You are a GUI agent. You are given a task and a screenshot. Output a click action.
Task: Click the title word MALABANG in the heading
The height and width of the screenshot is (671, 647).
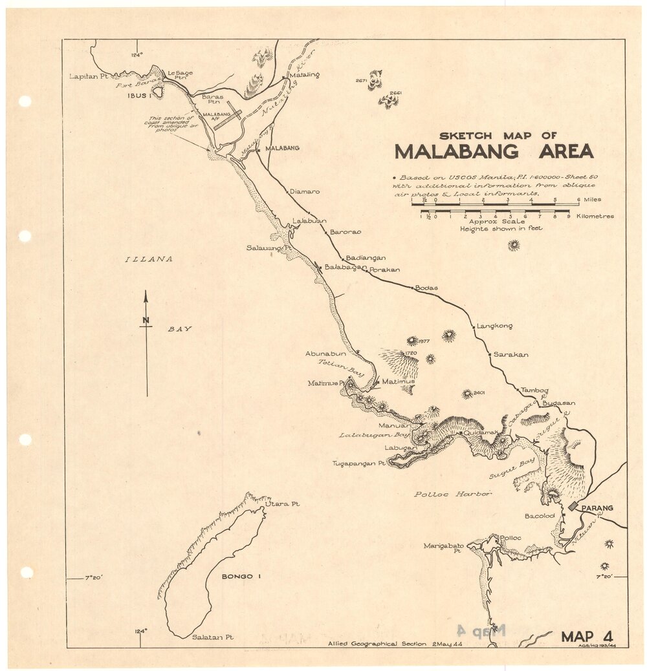pyautogui.click(x=457, y=151)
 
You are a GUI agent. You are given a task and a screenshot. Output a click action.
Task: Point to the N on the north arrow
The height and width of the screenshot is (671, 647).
pyautogui.click(x=146, y=320)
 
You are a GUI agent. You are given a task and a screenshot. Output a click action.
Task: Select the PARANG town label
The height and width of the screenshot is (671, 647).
pyautogui.click(x=597, y=508)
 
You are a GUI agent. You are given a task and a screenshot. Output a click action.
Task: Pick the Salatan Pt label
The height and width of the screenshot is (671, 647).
pyautogui.click(x=213, y=637)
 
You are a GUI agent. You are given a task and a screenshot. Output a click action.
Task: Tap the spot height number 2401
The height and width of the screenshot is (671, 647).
pyautogui.click(x=480, y=392)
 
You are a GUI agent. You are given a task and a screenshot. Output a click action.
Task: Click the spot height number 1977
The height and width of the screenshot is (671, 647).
pyautogui.click(x=424, y=341)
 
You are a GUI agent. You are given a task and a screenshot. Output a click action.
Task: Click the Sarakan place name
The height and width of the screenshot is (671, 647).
pyautogui.click(x=511, y=354)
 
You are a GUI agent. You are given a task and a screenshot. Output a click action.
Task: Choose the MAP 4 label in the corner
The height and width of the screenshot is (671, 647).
pyautogui.click(x=586, y=636)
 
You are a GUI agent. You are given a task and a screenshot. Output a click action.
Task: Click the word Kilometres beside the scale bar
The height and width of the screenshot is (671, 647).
pyautogui.click(x=595, y=217)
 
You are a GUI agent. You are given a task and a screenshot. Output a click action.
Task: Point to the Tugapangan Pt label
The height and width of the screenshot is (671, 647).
pyautogui.click(x=359, y=463)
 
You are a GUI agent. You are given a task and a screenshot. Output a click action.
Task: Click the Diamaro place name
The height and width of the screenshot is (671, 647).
pyautogui.click(x=305, y=191)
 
